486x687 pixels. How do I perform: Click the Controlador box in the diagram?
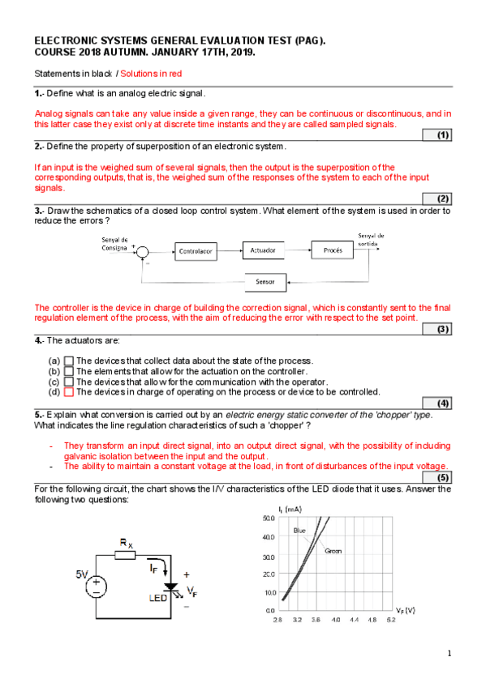click(x=196, y=251)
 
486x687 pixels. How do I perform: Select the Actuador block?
click(x=263, y=250)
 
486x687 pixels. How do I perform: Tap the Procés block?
click(x=333, y=250)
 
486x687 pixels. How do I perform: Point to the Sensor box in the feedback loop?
click(x=265, y=282)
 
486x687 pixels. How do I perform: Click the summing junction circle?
click(x=142, y=252)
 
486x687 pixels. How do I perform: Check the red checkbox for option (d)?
click(x=68, y=392)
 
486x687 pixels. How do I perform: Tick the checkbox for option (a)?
click(x=68, y=361)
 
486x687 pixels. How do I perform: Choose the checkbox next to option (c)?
click(x=68, y=382)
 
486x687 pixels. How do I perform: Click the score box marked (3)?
click(x=437, y=329)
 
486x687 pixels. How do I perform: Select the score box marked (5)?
click(x=437, y=477)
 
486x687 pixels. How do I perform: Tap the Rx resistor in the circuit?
click(x=125, y=555)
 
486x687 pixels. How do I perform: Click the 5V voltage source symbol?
click(x=96, y=587)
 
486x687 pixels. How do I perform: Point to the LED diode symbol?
click(x=170, y=587)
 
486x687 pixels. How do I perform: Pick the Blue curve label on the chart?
click(x=299, y=531)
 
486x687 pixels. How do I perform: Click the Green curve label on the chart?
click(x=333, y=551)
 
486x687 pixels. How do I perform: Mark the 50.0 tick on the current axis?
click(x=269, y=518)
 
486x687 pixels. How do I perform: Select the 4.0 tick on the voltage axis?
click(x=336, y=620)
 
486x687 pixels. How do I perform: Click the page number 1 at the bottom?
click(x=449, y=654)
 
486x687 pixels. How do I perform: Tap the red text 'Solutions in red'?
click(x=151, y=74)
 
